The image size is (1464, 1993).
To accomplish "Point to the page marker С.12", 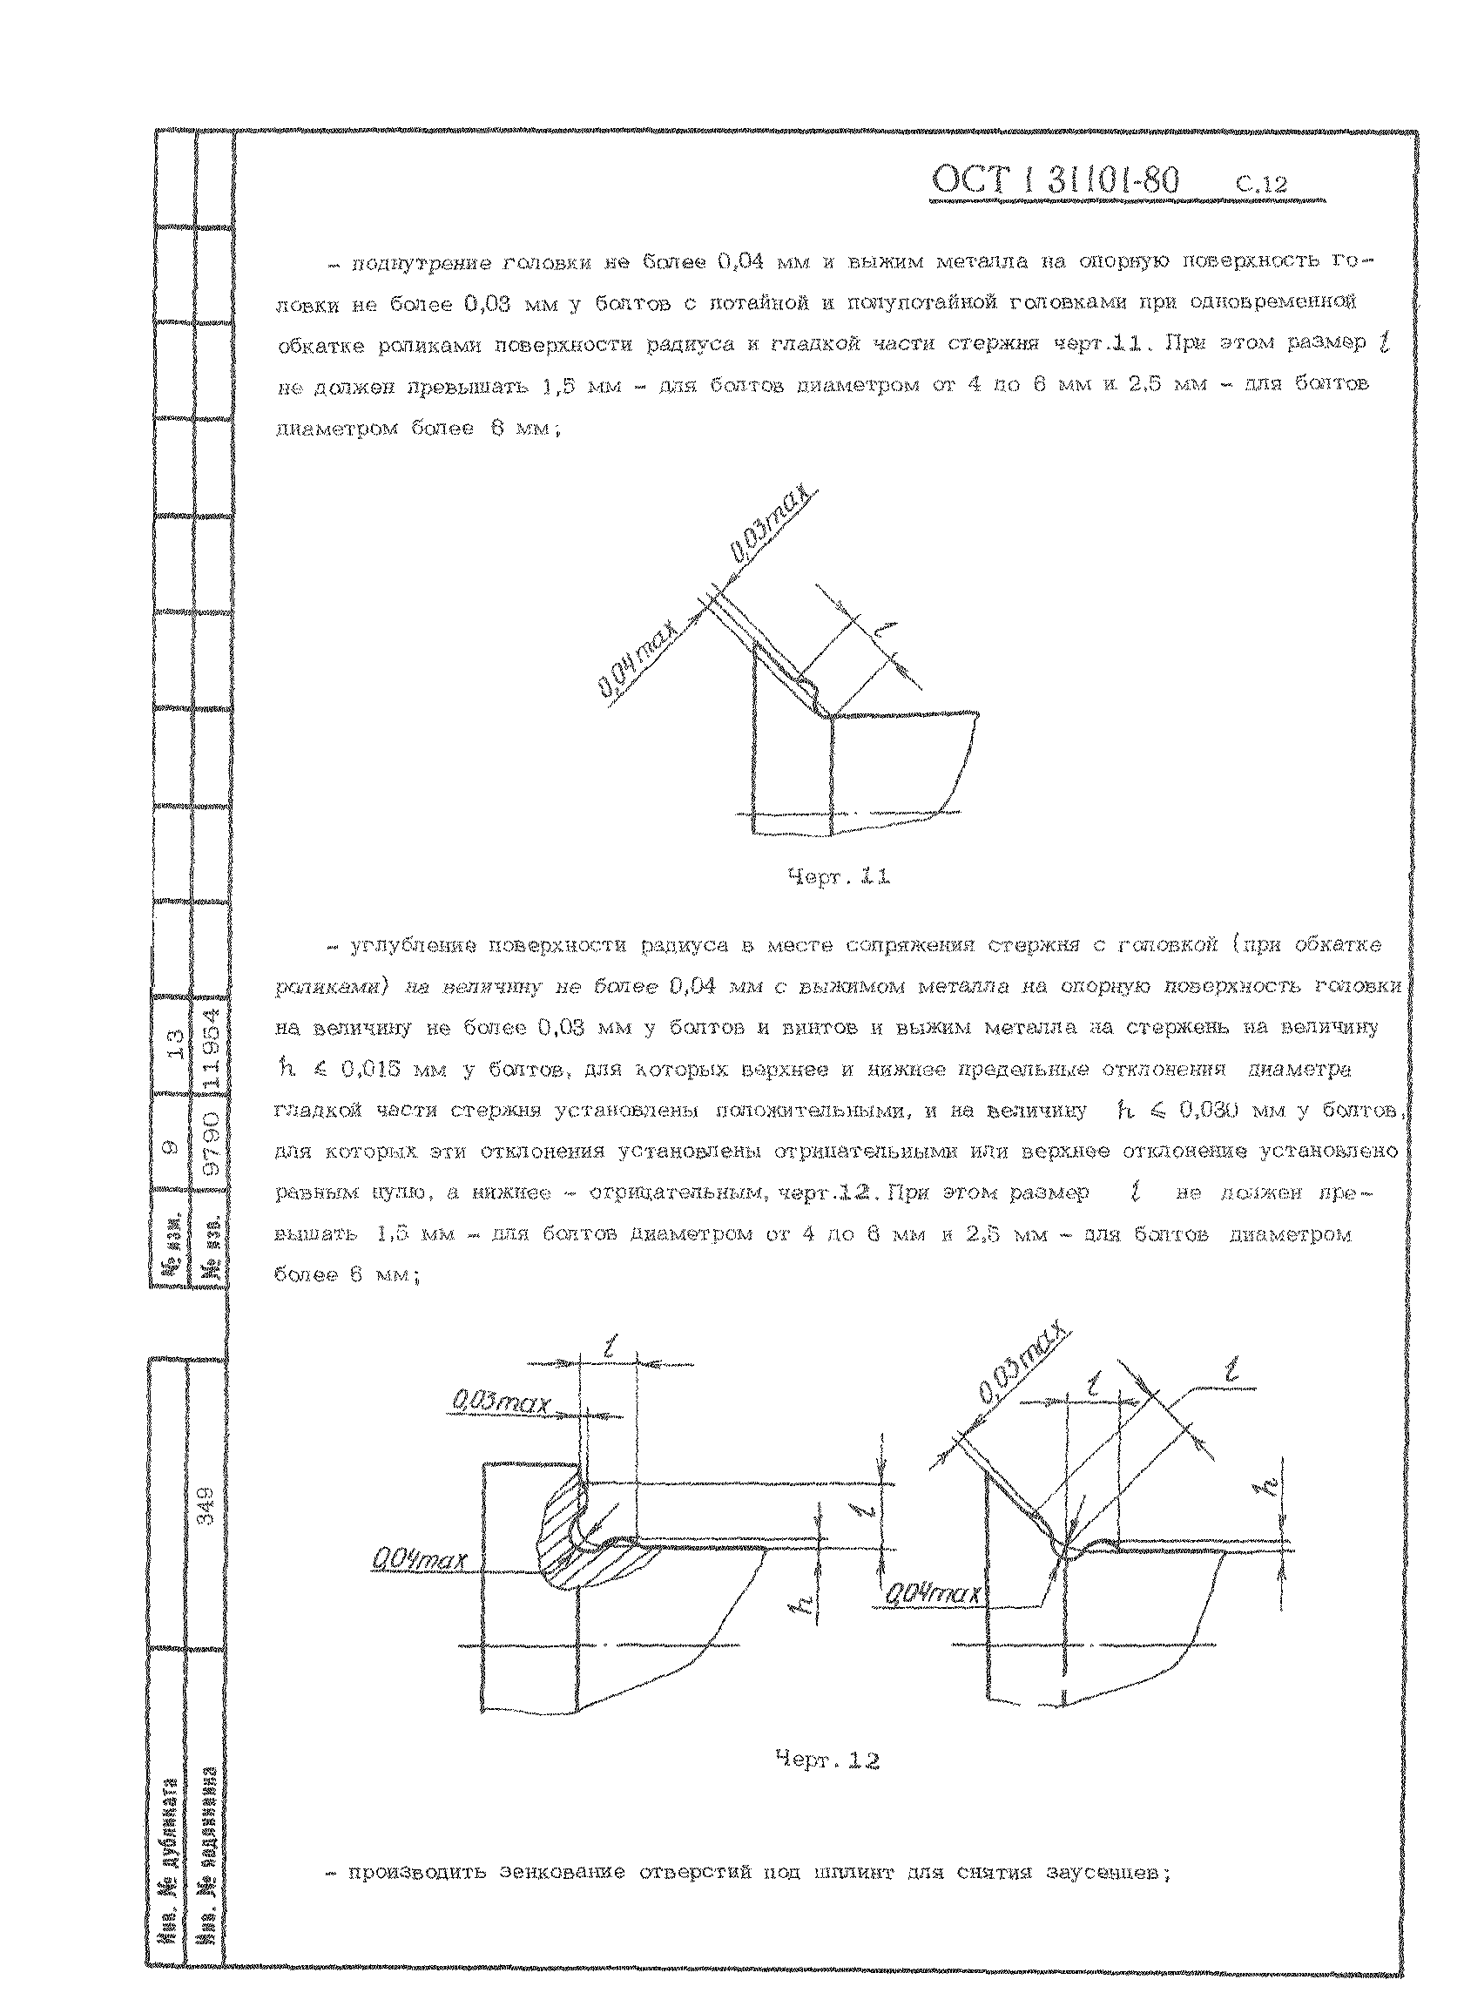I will click(x=1261, y=186).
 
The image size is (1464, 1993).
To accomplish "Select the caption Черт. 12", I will click(x=826, y=1760).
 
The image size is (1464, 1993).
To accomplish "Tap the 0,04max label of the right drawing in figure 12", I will click(x=933, y=1594).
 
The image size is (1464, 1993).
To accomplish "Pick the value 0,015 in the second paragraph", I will click(x=372, y=1070).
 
